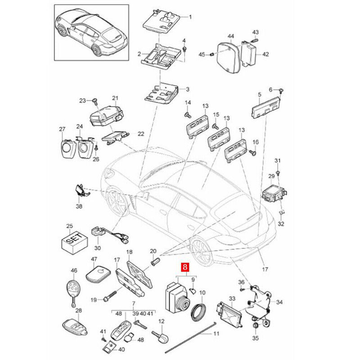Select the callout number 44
click(230, 36)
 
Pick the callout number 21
click(115, 98)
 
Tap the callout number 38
click(80, 207)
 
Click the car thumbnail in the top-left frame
click(89, 35)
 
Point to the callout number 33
click(232, 298)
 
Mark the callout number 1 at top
click(190, 17)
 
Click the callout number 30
click(98, 248)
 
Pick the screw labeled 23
click(95, 100)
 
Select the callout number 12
click(162, 321)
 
